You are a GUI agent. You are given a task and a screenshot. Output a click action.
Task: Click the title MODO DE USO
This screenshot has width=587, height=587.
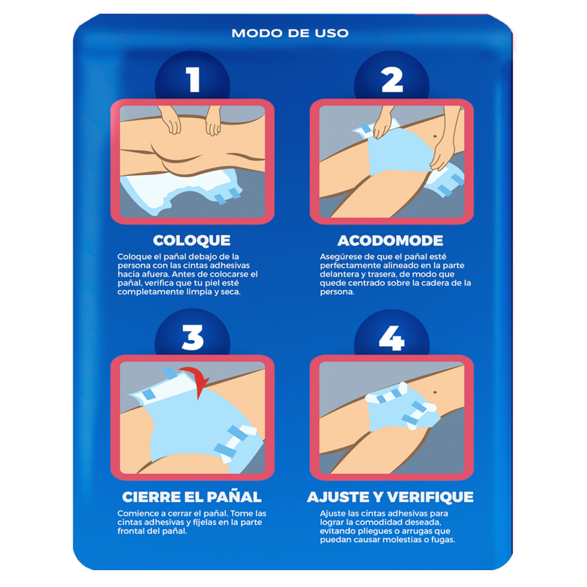pyautogui.click(x=290, y=33)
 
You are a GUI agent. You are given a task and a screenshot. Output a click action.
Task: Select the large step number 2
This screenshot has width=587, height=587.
pyautogui.click(x=392, y=79)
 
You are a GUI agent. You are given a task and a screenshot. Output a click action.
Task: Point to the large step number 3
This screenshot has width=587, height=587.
pyautogui.click(x=193, y=338)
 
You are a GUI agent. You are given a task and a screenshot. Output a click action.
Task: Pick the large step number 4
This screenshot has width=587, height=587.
pyautogui.click(x=391, y=338)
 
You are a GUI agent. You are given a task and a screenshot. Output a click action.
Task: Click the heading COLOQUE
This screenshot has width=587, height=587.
pyautogui.click(x=192, y=240)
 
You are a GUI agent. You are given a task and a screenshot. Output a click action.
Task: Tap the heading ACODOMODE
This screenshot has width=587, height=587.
pyautogui.click(x=390, y=241)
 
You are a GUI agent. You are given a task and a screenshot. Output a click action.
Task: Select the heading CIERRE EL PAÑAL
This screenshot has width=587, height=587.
pyautogui.click(x=192, y=497)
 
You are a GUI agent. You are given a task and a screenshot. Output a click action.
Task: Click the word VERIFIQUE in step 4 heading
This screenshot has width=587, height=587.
pyautogui.click(x=430, y=497)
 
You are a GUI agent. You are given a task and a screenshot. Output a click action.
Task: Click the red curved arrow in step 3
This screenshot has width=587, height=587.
pyautogui.click(x=198, y=379)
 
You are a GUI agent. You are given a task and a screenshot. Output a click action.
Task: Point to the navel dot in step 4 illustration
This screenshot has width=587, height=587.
pyautogui.click(x=435, y=392)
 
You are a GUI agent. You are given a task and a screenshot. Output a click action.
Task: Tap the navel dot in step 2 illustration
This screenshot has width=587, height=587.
pyautogui.click(x=435, y=136)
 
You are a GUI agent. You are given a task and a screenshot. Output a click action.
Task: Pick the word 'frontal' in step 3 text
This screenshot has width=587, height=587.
pyautogui.click(x=132, y=531)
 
